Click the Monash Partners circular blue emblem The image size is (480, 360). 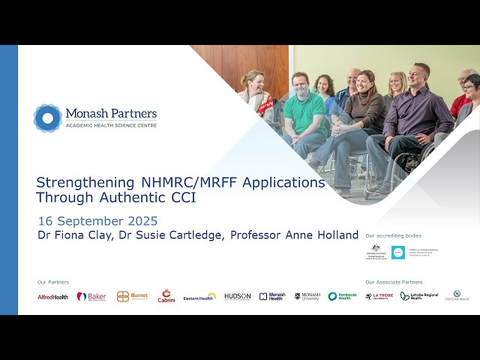(47, 118)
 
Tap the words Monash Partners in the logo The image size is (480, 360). (111, 113)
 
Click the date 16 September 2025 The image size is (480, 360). (97, 220)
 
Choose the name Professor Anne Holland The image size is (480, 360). (295, 235)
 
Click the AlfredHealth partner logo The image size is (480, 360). (52, 297)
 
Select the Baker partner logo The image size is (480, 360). (91, 297)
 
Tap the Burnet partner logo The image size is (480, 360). (132, 297)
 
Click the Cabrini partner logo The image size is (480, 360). (166, 297)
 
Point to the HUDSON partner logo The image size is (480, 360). (237, 297)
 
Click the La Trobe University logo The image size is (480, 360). (379, 297)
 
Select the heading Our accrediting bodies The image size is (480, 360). (388, 235)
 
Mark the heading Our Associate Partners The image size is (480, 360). (394, 282)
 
